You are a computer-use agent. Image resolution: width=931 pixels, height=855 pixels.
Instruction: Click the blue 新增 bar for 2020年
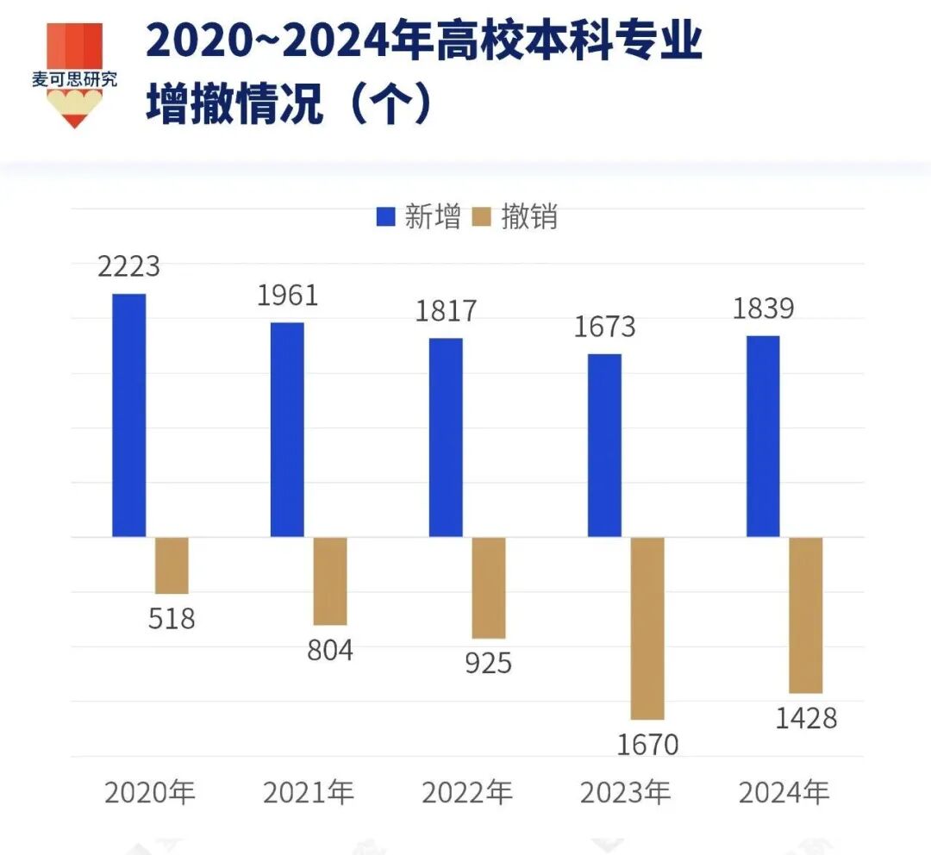coord(129,415)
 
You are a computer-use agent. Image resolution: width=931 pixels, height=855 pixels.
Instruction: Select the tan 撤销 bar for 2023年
coord(647,628)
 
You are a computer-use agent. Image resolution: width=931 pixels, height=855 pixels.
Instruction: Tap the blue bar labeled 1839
coord(763,436)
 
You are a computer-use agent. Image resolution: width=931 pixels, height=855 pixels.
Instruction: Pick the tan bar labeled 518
coord(172,565)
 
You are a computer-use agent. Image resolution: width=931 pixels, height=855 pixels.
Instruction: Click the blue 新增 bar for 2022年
coord(446,437)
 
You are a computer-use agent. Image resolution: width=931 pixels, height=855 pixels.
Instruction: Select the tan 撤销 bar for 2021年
coord(330,581)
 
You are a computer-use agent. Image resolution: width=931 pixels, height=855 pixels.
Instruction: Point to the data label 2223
coord(129,266)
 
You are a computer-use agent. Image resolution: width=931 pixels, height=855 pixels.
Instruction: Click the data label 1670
coord(647,744)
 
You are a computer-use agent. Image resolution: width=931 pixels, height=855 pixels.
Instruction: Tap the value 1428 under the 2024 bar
coord(806,718)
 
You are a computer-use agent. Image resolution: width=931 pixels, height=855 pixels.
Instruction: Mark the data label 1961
coord(287,296)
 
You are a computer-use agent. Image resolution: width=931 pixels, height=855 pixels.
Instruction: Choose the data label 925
coord(488,663)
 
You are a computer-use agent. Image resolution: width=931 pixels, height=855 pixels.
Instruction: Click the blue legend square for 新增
coord(385,216)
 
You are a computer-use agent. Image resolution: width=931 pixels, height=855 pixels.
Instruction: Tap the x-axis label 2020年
coord(150,793)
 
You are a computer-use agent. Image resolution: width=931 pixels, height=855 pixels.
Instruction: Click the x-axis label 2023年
coord(625,793)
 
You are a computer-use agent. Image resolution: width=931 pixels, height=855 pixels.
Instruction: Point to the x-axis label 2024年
coord(784,793)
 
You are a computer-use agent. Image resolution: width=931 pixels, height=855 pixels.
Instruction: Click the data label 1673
coord(604,327)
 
